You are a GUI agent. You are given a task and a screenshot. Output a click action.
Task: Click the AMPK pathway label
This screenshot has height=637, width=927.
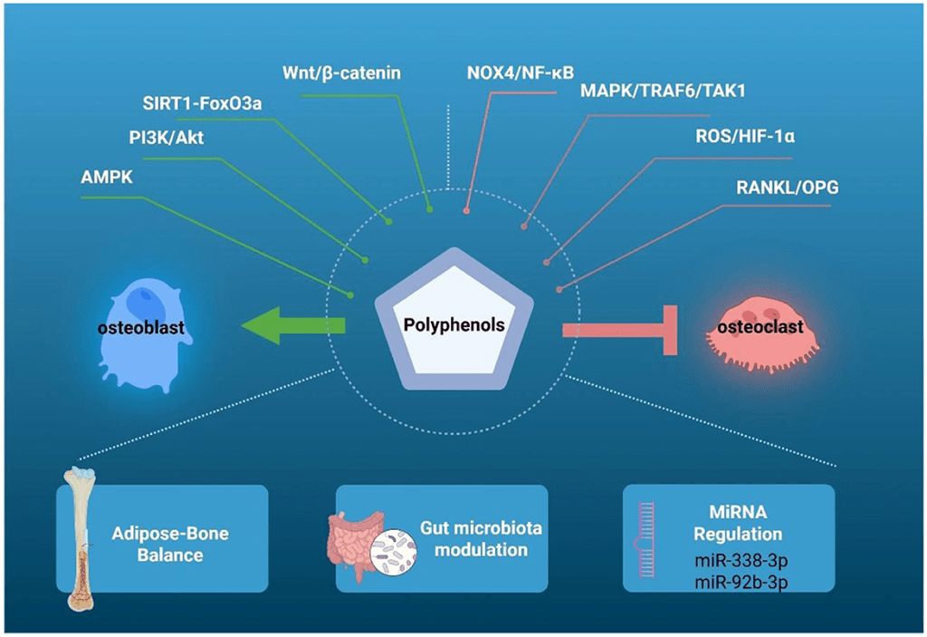coord(107,177)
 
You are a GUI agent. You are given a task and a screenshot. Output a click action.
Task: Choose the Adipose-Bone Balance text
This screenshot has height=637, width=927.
coord(170,543)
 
